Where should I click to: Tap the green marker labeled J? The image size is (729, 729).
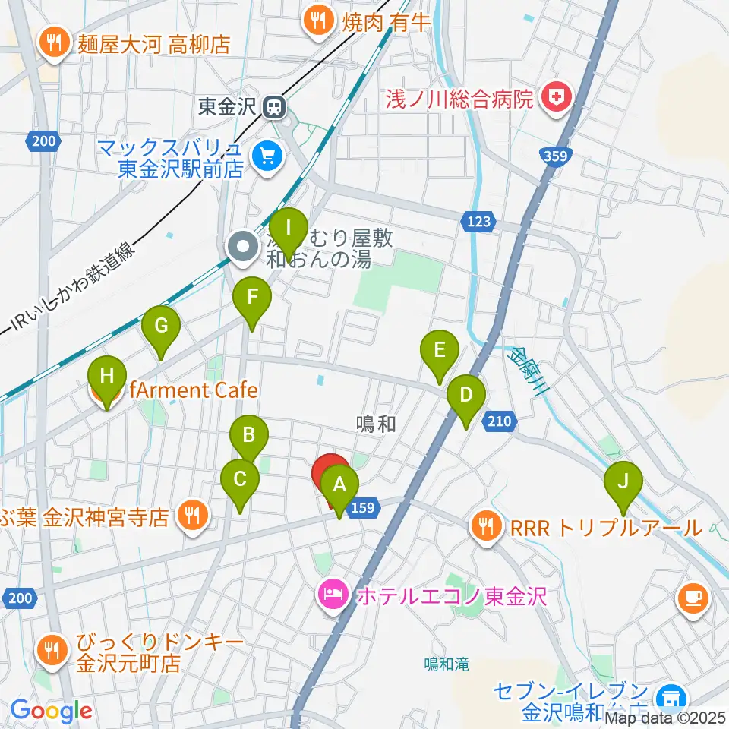pyautogui.click(x=623, y=481)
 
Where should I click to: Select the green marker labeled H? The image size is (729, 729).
pyautogui.click(x=106, y=377)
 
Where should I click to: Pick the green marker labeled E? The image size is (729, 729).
pyautogui.click(x=440, y=351)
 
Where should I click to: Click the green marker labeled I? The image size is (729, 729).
pyautogui.click(x=289, y=228)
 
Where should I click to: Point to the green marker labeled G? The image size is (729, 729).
pyautogui.click(x=161, y=326)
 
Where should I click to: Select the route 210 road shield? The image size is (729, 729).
pyautogui.click(x=498, y=420)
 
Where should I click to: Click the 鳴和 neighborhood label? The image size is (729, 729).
pyautogui.click(x=376, y=424)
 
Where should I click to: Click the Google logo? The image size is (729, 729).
pyautogui.click(x=51, y=711)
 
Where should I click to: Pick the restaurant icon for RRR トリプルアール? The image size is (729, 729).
pyautogui.click(x=484, y=526)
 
